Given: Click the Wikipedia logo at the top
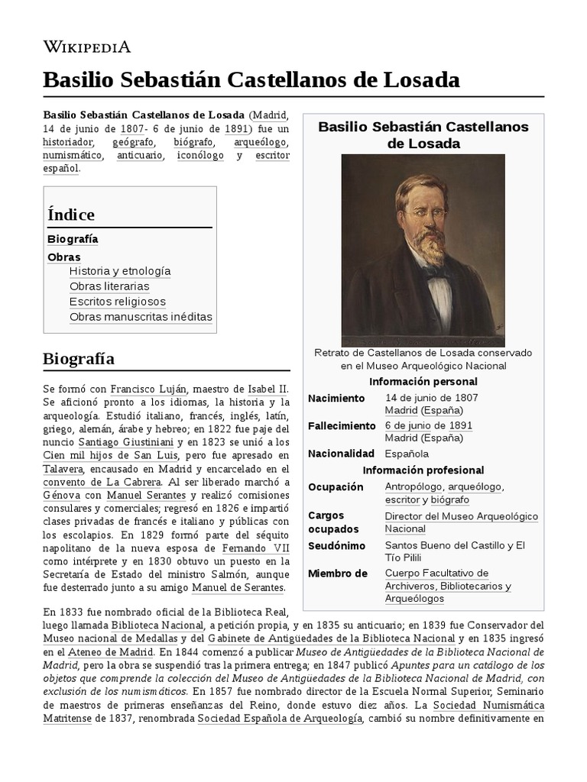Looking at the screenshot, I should (86, 47).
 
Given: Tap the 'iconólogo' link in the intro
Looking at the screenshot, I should (200, 155).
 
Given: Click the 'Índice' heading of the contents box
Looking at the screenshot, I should (71, 215).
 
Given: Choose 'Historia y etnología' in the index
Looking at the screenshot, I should (120, 271).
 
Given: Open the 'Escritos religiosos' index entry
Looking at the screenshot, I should (117, 302).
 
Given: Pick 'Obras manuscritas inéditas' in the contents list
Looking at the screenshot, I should (141, 317).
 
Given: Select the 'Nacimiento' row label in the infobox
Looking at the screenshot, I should (336, 398).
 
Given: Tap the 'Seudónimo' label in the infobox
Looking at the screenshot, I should (336, 546).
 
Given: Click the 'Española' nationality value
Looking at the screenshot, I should (407, 454).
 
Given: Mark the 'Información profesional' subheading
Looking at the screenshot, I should (423, 470).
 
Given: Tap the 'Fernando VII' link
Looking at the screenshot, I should (255, 549).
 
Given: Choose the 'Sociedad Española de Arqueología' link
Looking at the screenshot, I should (279, 720).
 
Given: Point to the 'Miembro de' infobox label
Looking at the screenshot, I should (337, 574).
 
